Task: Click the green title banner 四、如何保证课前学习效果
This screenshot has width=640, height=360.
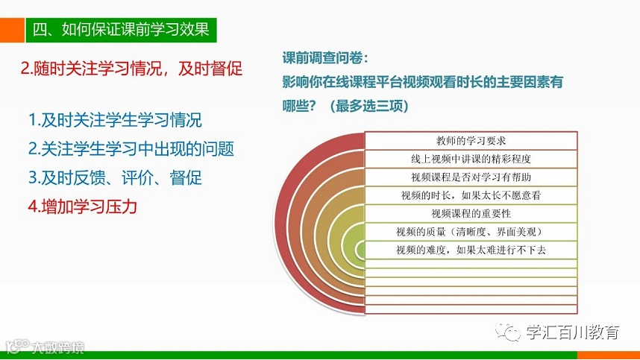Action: pos(121,30)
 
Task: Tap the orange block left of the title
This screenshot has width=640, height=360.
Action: pos(12,30)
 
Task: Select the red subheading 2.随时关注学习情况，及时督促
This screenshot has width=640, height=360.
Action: pos(131,69)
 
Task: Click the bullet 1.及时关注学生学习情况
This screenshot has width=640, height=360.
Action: pos(115,120)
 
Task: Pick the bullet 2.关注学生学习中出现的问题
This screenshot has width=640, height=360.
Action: pos(131,149)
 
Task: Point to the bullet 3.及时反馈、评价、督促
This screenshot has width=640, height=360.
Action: pos(115,177)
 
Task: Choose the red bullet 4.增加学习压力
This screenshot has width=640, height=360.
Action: pos(83,206)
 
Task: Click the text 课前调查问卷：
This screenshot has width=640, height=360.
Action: pos(325,58)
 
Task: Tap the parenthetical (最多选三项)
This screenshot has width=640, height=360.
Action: pos(369,106)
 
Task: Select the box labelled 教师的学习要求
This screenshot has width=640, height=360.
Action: pos(471,141)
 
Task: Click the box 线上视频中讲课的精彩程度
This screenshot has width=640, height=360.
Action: pos(471,159)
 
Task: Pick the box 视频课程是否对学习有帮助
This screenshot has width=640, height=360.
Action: pos(471,177)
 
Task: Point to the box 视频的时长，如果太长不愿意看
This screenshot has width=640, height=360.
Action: pos(471,195)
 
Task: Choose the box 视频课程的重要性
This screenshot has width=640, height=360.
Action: pos(471,214)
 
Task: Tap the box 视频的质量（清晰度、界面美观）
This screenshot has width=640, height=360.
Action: pos(471,232)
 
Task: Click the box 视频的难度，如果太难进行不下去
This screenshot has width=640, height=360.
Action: pos(471,250)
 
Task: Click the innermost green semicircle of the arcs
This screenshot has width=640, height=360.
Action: pos(360,250)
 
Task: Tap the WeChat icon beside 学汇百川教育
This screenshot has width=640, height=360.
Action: pos(508,332)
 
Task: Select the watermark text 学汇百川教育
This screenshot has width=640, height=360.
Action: pos(573,332)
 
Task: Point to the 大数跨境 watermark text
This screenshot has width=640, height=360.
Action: pos(58,347)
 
